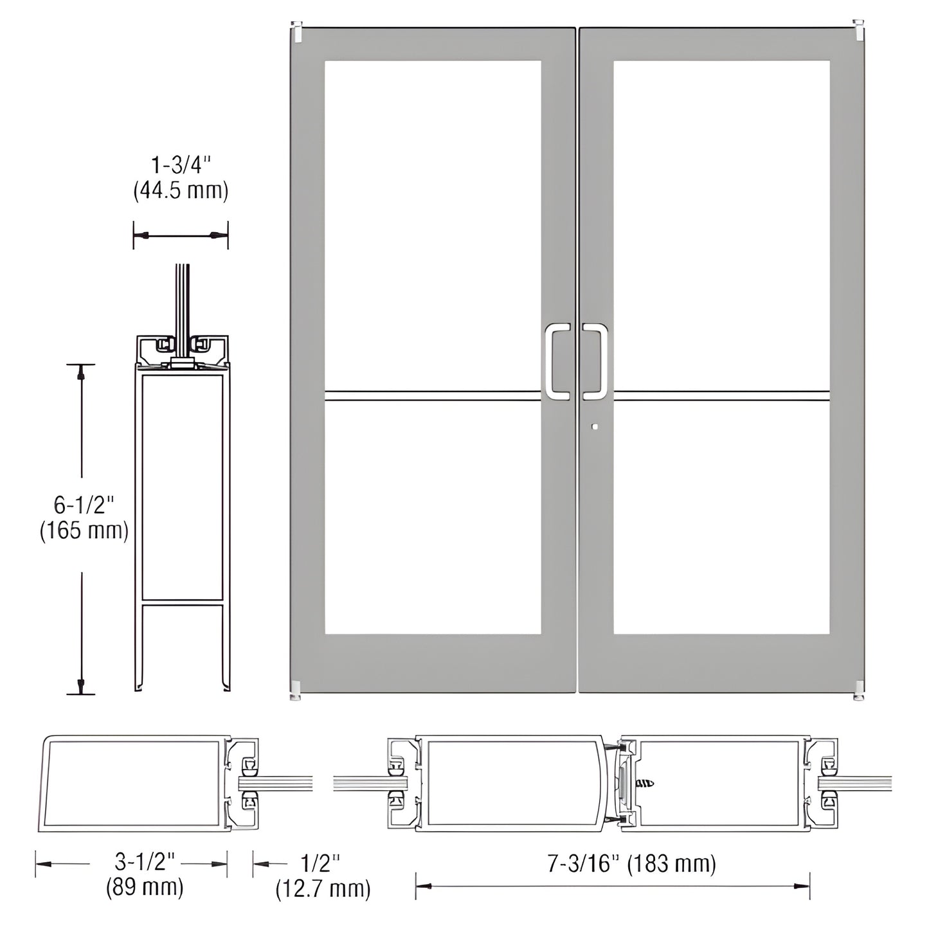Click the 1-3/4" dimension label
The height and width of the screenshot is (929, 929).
181,165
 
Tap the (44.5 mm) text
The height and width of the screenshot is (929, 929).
181,191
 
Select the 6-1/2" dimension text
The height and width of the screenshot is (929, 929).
83,505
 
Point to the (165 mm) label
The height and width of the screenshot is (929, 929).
84,531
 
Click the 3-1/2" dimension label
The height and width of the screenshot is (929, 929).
145,860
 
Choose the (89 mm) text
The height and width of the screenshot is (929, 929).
145,887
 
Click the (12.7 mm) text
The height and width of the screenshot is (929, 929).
323,888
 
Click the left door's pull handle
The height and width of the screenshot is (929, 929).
557,360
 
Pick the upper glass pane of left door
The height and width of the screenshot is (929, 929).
432,225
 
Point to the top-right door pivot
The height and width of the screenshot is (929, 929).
858,30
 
